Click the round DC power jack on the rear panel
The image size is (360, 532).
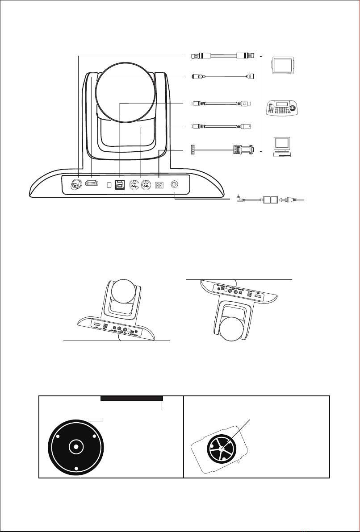pyautogui.click(x=175, y=184)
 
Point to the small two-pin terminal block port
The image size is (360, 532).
pyautogui.click(x=159, y=184)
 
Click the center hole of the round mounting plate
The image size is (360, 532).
pyautogui.click(x=76, y=446)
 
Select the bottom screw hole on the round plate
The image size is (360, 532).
pyautogui.click(x=76, y=468)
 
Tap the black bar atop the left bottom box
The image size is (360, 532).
pyautogui.click(x=132, y=399)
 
